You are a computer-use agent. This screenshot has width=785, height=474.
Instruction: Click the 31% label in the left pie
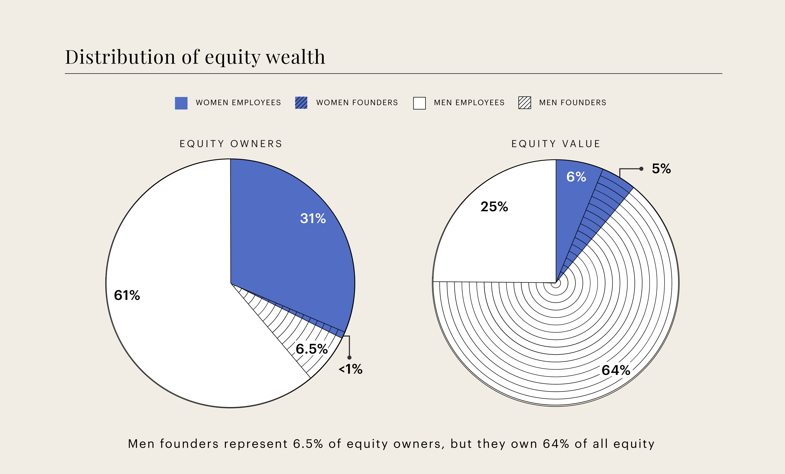tap(313, 218)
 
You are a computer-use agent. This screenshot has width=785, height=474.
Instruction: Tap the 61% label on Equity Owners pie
tap(127, 295)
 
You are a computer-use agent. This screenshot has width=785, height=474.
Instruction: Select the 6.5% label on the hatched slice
tap(312, 349)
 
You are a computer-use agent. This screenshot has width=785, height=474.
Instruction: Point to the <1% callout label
tap(350, 369)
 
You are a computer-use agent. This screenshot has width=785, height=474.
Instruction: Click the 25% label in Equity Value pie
tap(494, 207)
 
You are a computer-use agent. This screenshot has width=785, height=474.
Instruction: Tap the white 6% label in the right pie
tap(576, 177)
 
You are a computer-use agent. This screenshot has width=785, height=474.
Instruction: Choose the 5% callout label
tap(661, 169)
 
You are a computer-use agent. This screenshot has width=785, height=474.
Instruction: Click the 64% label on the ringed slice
tap(616, 370)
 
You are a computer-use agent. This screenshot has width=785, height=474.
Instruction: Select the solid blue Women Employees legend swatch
tap(181, 103)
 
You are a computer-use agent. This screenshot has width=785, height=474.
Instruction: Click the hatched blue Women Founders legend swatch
tap(301, 103)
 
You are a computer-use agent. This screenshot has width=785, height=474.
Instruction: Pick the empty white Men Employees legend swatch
tap(419, 103)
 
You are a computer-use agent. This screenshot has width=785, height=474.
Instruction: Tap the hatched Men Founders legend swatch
tap(524, 103)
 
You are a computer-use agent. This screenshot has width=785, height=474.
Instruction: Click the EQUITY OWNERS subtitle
tap(231, 144)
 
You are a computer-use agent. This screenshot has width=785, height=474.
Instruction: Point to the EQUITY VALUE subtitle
tap(556, 144)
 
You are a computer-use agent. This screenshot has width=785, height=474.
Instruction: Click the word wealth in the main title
tap(295, 57)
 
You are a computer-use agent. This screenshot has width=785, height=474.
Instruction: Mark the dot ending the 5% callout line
tap(641, 169)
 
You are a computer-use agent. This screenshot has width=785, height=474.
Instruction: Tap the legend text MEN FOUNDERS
tap(573, 103)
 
